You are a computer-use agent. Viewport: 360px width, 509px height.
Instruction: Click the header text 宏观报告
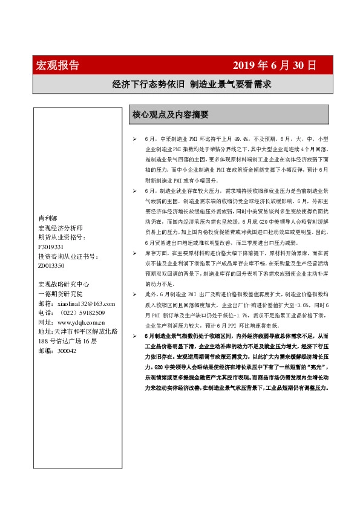pyautogui.click(x=58, y=65)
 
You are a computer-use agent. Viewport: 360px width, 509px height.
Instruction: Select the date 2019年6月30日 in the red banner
pyautogui.click(x=274, y=65)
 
